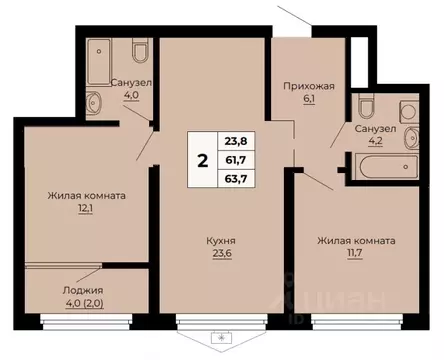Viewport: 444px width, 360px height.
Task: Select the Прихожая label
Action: click(307, 87)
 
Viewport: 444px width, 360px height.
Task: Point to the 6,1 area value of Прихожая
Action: click(307, 100)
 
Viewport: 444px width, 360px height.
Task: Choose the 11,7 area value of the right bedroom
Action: click(356, 254)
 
